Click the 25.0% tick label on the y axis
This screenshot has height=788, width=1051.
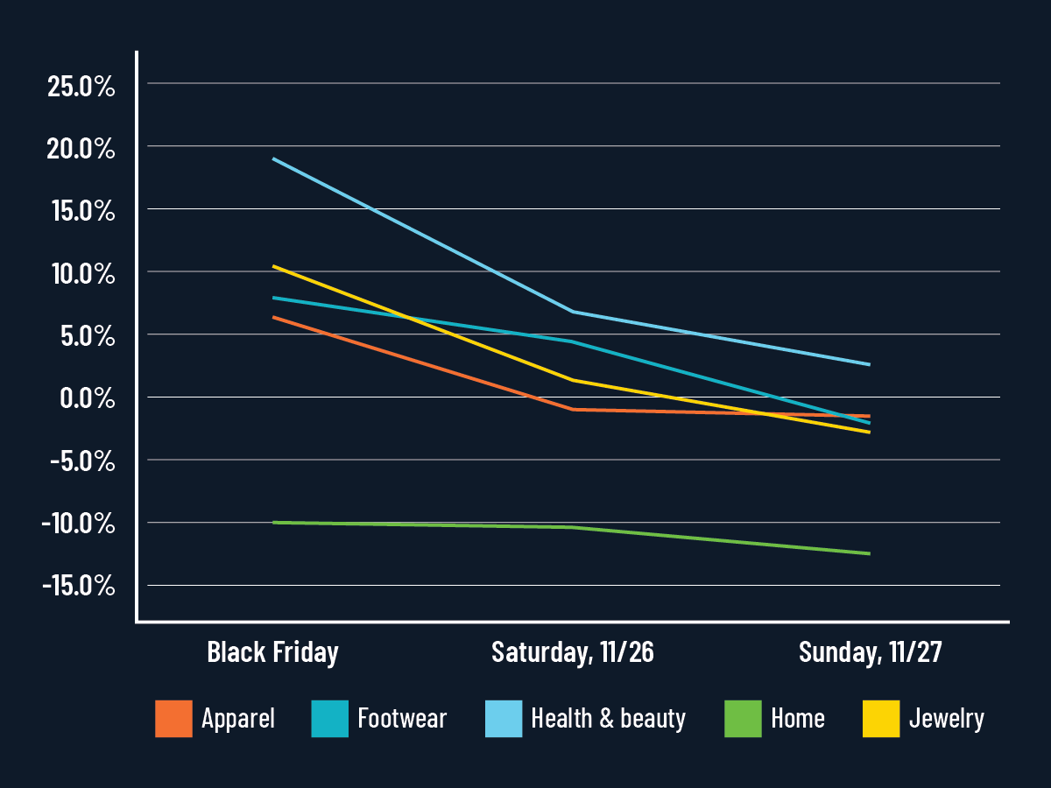(81, 87)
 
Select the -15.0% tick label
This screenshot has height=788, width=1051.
(78, 586)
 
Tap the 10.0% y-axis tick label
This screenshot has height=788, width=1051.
(81, 274)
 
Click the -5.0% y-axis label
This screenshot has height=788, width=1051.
(81, 461)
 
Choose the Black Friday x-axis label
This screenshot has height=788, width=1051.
(272, 652)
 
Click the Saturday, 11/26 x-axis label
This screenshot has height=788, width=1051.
(573, 652)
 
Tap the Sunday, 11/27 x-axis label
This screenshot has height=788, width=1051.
(870, 652)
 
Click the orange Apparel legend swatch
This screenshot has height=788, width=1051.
(173, 719)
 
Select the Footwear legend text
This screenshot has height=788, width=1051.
(402, 719)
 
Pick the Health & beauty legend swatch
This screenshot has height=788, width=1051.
(504, 719)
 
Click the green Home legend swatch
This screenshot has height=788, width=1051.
(743, 719)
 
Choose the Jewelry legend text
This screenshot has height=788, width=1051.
(946, 719)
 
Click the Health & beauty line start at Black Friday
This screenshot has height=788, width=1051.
(273, 158)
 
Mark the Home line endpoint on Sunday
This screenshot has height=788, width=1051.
(870, 553)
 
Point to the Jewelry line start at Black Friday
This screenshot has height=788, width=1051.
(273, 265)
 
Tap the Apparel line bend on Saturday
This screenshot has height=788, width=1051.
(573, 409)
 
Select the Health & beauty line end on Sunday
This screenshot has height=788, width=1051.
(870, 364)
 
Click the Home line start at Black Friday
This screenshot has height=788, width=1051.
(273, 523)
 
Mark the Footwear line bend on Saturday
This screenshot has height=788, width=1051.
(573, 341)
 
